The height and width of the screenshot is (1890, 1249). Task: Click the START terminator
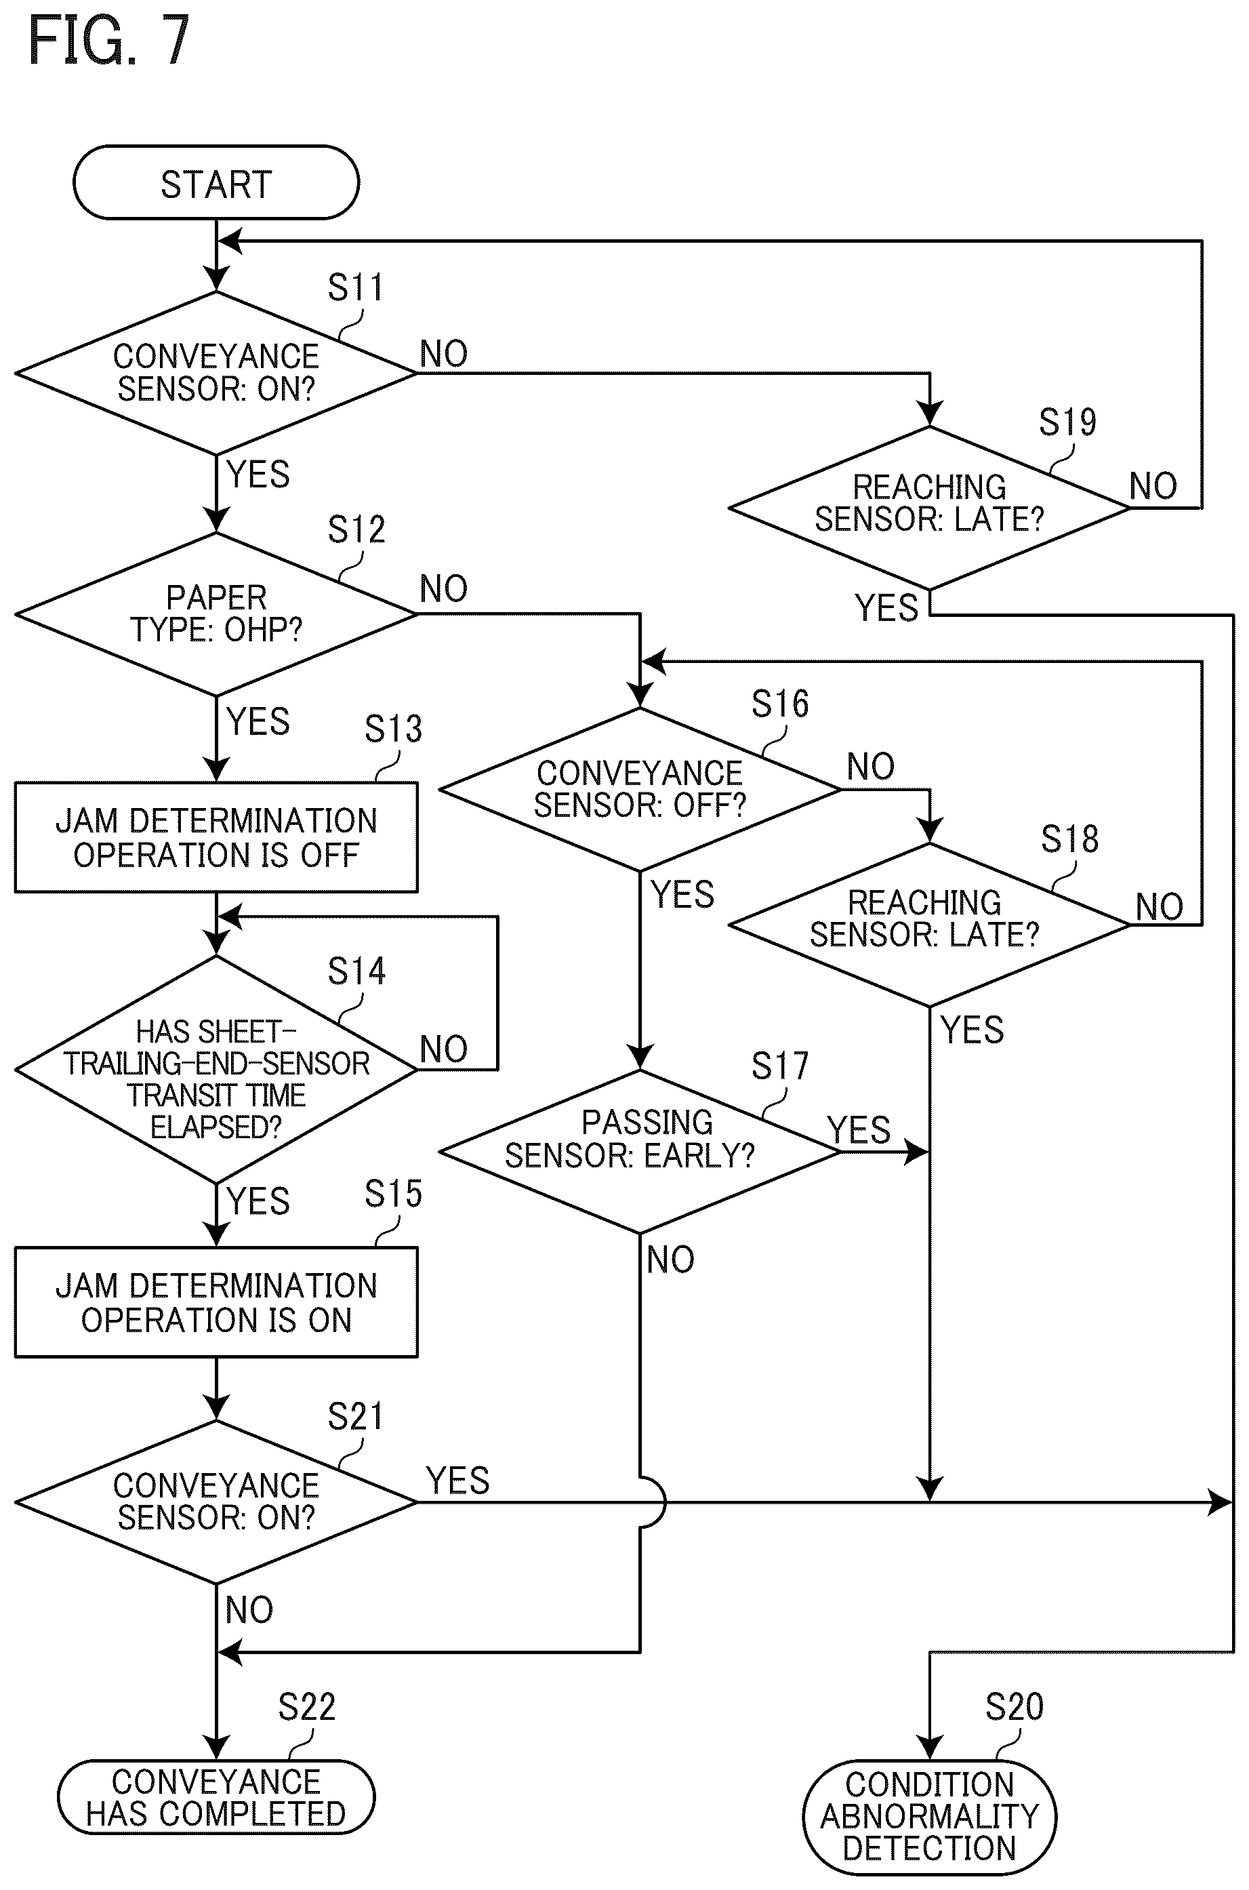pos(216,182)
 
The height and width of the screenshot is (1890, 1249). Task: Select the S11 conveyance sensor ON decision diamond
pos(216,373)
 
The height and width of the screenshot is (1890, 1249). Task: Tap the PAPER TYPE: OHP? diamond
pos(216,614)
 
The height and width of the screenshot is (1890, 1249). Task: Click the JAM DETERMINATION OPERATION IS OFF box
pos(216,837)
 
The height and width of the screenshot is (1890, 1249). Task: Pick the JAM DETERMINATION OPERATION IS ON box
pos(216,1302)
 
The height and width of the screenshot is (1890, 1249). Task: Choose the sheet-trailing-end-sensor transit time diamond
pos(216,1069)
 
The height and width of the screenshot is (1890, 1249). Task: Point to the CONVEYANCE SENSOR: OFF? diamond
pos(640,790)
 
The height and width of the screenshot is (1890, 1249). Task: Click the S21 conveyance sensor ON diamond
pos(216,1502)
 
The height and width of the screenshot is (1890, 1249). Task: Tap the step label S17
pos(780,1066)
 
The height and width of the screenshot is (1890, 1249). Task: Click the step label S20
pos(1014,1707)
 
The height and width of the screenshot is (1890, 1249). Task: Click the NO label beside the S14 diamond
pos(444,1049)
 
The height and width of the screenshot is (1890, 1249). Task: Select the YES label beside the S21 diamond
pos(458,1481)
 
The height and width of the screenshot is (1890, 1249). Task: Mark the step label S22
pos(307,1707)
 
